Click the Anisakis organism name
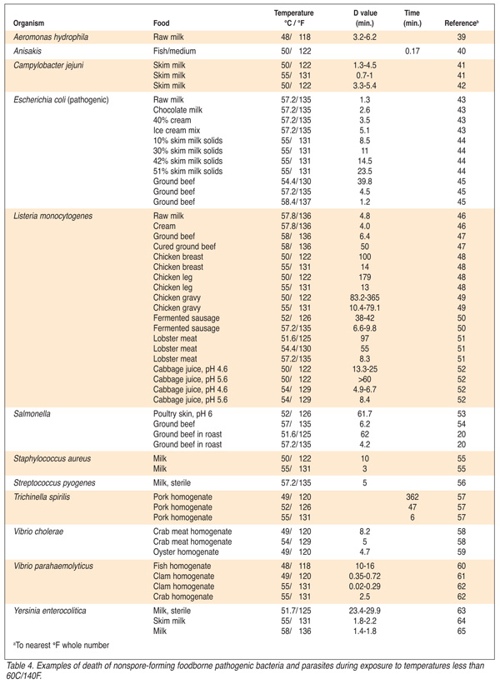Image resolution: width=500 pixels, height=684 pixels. click(x=28, y=50)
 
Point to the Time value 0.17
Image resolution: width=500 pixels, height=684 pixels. click(x=412, y=50)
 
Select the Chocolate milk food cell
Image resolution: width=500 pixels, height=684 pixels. click(x=179, y=110)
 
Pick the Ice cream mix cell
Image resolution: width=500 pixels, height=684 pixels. click(x=177, y=130)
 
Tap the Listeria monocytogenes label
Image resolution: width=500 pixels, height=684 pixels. click(x=52, y=216)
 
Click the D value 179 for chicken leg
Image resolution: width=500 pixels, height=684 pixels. click(x=363, y=276)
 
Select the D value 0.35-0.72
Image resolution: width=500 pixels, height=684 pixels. click(x=363, y=575)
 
